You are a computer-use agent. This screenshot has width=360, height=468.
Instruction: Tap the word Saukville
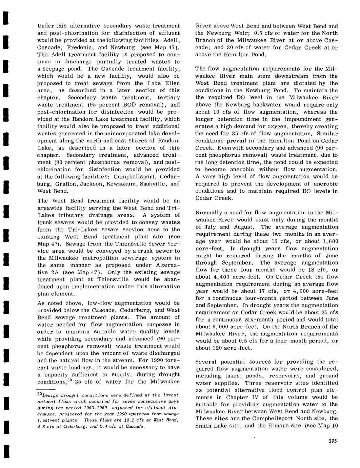click(x=152, y=183)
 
